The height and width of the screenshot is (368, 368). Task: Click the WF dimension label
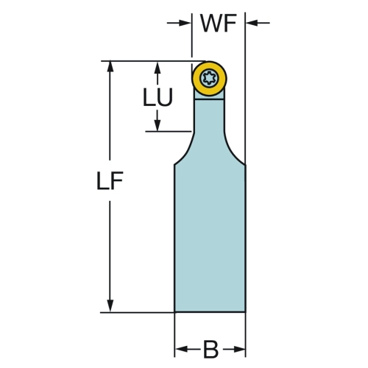pyautogui.click(x=219, y=24)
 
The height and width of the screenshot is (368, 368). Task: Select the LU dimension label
pyautogui.click(x=158, y=97)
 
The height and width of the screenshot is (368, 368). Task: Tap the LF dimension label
pyautogui.click(x=110, y=181)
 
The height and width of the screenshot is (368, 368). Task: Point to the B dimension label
pyautogui.click(x=210, y=349)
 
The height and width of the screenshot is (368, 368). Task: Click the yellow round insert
pyautogui.click(x=209, y=79)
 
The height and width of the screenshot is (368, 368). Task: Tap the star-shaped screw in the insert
pyautogui.click(x=209, y=78)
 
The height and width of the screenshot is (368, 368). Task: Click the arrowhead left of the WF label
pyautogui.click(x=185, y=23)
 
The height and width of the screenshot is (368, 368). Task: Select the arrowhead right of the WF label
pyautogui.click(x=252, y=23)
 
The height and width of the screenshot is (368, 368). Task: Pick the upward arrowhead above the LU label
pyautogui.click(x=158, y=68)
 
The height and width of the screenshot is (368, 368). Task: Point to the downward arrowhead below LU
pyautogui.click(x=158, y=125)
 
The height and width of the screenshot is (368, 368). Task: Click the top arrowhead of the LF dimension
pyautogui.click(x=110, y=67)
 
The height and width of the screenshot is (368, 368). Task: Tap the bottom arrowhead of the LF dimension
pyautogui.click(x=110, y=306)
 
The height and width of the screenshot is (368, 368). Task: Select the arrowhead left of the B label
pyautogui.click(x=181, y=349)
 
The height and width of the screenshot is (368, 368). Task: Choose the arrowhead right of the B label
pyautogui.click(x=239, y=349)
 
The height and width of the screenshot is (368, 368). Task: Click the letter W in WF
pyautogui.click(x=211, y=24)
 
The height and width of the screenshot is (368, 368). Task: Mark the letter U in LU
pyautogui.click(x=165, y=97)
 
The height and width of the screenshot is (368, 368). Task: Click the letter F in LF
pyautogui.click(x=117, y=181)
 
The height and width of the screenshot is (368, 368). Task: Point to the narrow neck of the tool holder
pyautogui.click(x=209, y=116)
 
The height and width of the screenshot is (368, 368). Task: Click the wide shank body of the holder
pyautogui.click(x=210, y=238)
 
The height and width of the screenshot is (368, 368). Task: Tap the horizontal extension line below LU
pyautogui.click(x=169, y=132)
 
